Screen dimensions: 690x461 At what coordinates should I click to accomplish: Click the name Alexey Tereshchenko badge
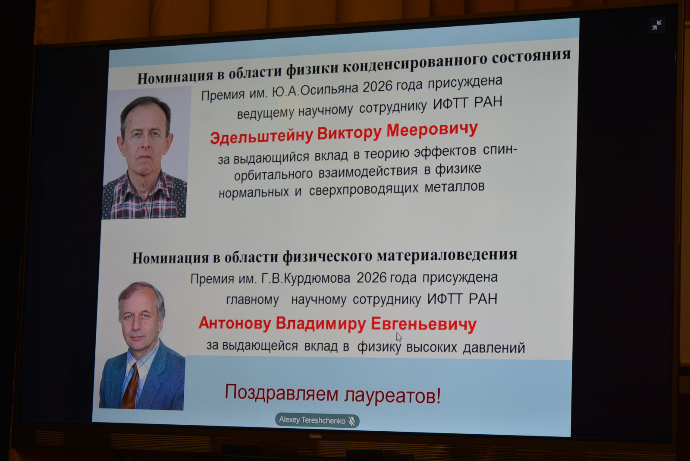click(317, 420)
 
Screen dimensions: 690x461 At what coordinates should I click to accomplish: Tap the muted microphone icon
click(352, 421)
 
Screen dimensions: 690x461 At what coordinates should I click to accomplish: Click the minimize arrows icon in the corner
click(656, 25)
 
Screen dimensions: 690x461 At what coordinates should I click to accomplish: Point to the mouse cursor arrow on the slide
click(399, 337)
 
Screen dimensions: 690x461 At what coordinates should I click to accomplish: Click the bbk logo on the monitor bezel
click(315, 436)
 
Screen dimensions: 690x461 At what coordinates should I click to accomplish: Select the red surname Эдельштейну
click(261, 136)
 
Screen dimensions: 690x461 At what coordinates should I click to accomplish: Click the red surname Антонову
click(235, 323)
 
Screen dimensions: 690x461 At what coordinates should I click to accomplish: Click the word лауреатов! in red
click(392, 396)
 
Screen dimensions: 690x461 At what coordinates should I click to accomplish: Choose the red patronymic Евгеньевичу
click(423, 325)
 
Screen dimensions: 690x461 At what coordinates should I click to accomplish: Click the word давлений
click(494, 348)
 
